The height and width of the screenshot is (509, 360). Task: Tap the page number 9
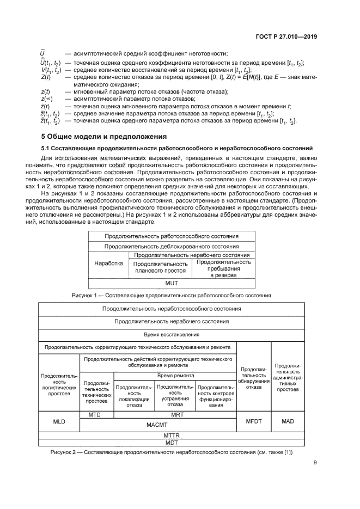[315, 463]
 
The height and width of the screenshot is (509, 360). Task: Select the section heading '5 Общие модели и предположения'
[104, 137]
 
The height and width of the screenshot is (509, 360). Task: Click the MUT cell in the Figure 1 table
[172, 284]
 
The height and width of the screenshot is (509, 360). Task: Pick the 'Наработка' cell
[108, 262]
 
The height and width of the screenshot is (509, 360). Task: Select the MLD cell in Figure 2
[59, 421]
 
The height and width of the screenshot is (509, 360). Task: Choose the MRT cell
[175, 415]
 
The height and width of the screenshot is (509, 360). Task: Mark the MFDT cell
[254, 421]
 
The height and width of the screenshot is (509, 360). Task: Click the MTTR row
[172, 436]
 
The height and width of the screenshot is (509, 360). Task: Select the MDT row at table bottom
[172, 443]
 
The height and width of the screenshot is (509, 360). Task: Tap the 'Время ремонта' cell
[175, 376]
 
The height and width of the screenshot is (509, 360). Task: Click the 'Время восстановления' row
[172, 334]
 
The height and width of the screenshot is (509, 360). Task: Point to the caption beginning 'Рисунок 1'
[172, 295]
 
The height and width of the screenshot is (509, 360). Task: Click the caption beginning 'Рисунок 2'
[172, 452]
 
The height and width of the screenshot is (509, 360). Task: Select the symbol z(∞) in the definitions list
[45, 98]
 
